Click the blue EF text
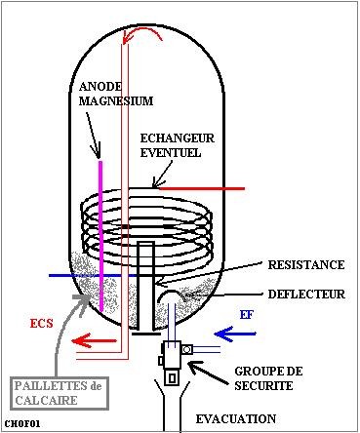tap(248, 316)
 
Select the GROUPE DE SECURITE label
tap(269, 379)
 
